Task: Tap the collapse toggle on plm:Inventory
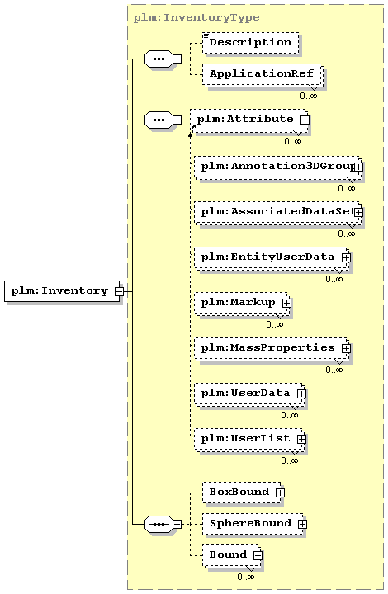120,291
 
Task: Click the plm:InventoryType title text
196,18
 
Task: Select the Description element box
250,42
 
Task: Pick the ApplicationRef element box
262,74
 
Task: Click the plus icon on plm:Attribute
305,120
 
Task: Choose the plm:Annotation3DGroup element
277,167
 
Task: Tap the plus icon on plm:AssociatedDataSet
358,212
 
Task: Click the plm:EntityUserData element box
272,257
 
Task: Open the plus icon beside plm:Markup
286,303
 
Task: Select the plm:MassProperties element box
272,348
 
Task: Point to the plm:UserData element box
249,394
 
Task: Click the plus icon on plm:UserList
301,439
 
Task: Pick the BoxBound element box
242,493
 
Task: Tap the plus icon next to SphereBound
302,524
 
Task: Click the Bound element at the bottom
231,555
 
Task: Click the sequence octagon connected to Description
159,59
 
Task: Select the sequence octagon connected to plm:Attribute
159,120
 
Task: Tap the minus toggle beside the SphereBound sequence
177,525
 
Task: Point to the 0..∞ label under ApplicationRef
309,96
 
